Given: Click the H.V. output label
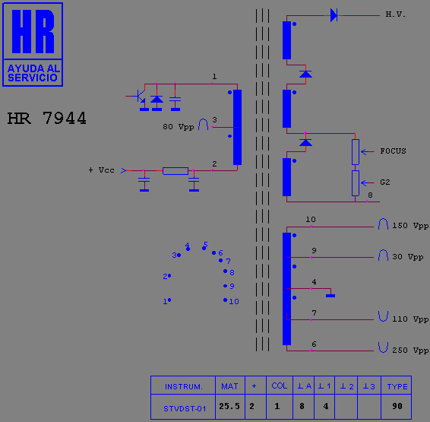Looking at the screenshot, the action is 395,14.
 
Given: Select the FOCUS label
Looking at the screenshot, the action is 393,151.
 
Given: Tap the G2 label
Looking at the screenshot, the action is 384,182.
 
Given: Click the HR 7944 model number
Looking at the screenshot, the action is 46,119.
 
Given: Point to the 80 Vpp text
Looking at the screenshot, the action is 179,127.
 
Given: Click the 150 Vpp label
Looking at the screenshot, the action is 410,226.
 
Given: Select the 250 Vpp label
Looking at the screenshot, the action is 410,350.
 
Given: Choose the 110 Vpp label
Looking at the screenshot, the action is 410,319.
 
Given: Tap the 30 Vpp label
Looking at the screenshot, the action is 407,257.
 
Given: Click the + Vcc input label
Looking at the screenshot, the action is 101,170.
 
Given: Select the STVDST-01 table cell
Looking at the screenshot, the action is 185,408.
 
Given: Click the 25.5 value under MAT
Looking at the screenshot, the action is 229,406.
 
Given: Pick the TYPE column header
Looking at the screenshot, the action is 397,386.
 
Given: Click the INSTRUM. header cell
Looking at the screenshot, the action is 183,386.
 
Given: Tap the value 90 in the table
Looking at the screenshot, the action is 397,406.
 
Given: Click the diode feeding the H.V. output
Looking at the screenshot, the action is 334,15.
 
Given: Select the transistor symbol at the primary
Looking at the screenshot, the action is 141,96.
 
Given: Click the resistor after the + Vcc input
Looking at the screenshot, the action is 175,171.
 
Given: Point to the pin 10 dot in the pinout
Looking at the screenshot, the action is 225,300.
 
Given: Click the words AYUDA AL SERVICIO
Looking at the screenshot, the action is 33,73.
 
